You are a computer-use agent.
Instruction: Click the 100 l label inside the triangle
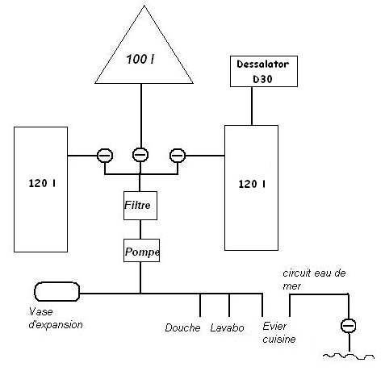coord(140,59)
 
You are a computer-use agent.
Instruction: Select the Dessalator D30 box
coord(264,71)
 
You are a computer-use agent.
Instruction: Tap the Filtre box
coord(140,206)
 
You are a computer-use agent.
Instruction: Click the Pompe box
coord(141,250)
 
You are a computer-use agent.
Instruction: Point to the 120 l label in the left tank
coord(42,183)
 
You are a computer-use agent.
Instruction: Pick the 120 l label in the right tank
coord(252,184)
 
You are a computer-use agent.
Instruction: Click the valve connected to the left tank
coord(105,156)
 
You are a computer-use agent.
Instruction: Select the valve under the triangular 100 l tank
coord(140,155)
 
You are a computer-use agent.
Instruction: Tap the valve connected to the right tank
coord(178,156)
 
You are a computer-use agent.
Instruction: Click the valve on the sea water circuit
coord(349,326)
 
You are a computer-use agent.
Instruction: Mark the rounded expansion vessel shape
coord(56,291)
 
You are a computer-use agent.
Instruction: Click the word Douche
coord(182,327)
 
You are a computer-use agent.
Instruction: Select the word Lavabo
coord(227,327)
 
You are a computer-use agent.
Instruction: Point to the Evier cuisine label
coord(279,332)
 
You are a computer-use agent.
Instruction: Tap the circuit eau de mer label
coord(314,279)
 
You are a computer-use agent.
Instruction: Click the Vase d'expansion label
coord(56,319)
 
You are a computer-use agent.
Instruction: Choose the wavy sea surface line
coord(349,356)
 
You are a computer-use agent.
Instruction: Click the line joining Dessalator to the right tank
coord(252,106)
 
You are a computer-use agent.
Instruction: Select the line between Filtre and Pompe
coord(140,229)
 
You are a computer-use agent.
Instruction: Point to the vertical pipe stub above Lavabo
coord(229,305)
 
